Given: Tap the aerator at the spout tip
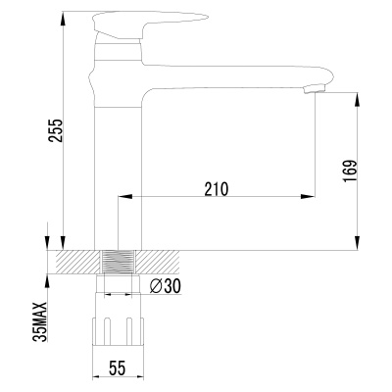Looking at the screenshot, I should tap(314, 89).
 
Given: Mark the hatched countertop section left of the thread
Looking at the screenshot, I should tap(78, 263).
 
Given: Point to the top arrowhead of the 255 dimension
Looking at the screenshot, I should tap(63, 19).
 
